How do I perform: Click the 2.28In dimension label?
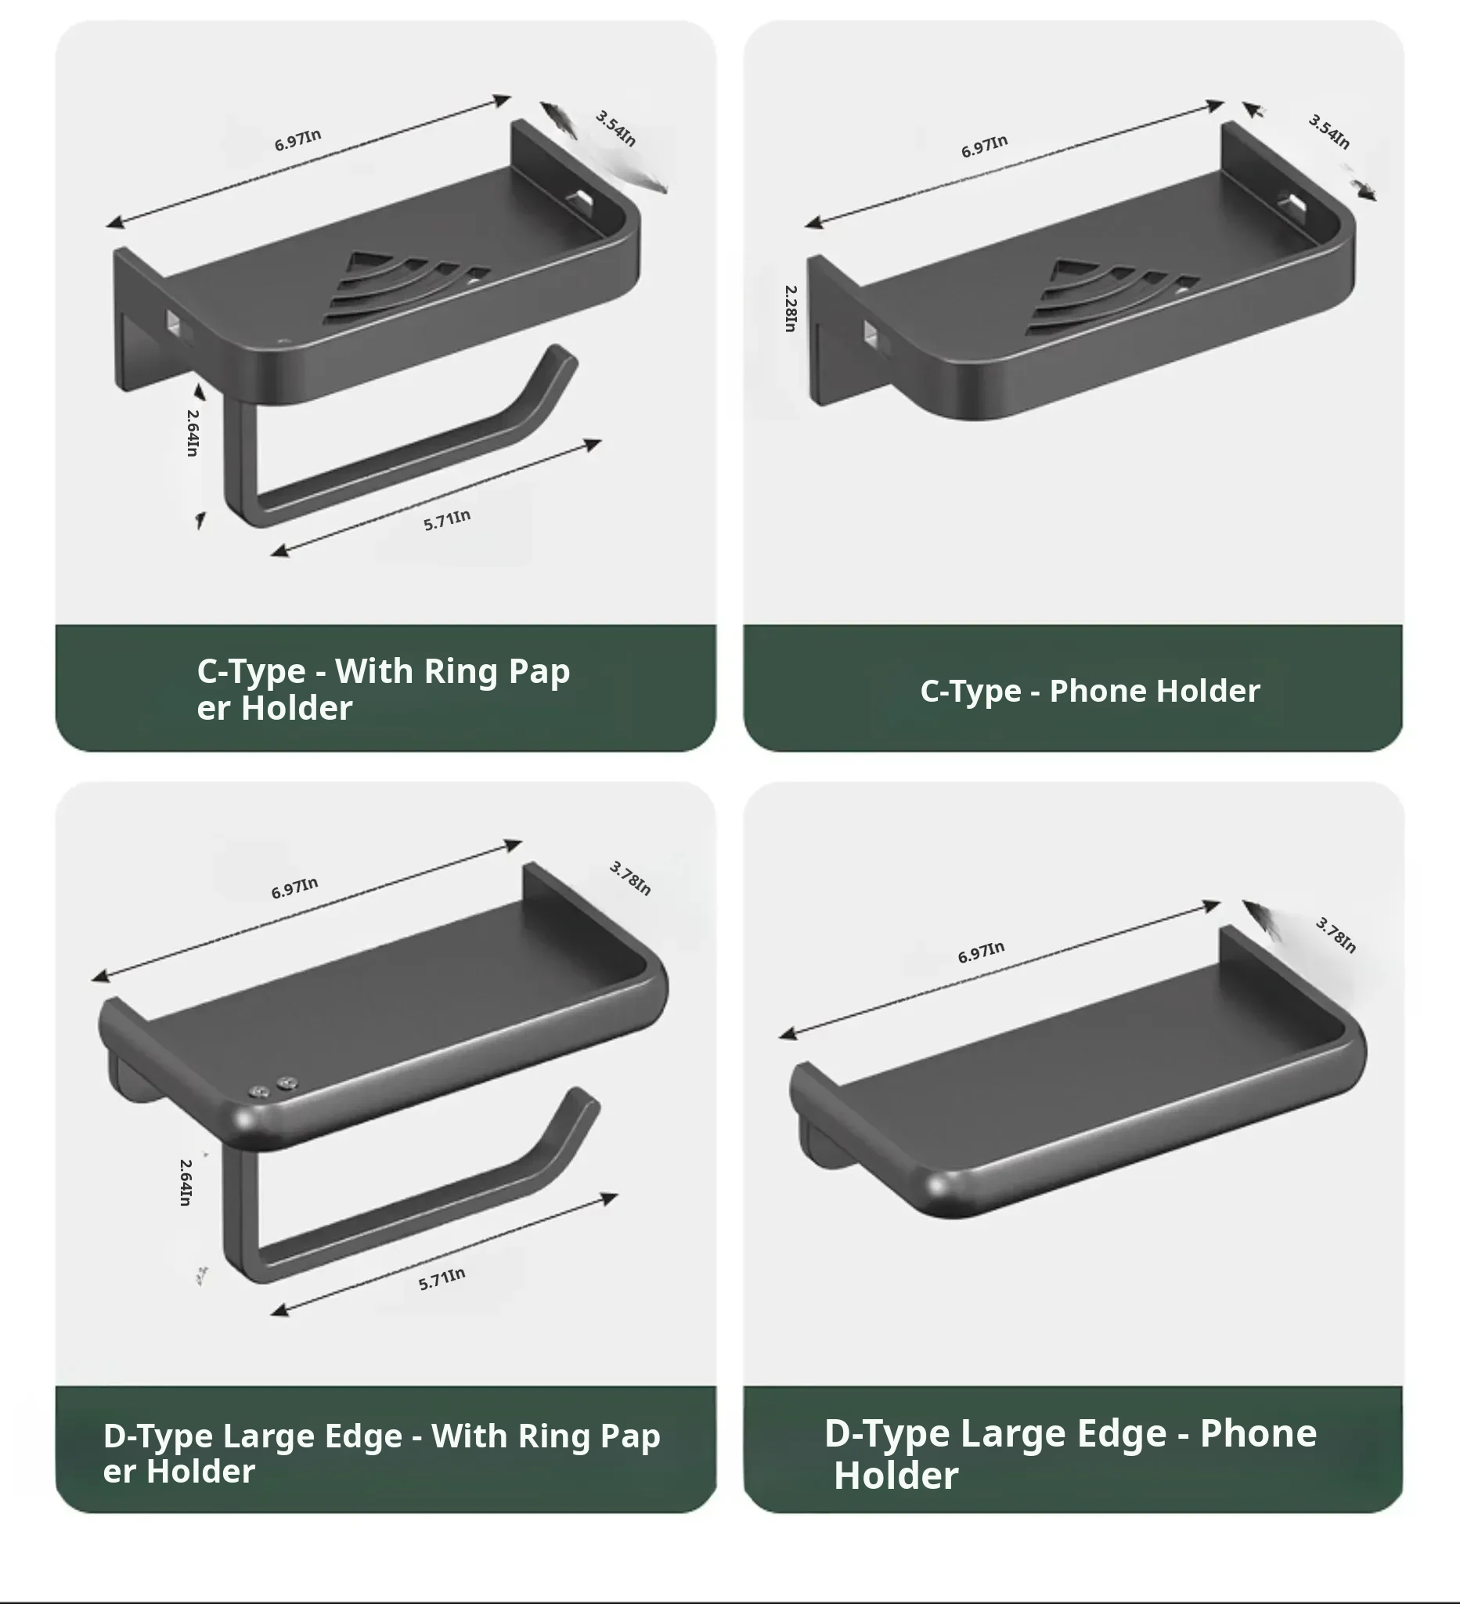pyautogui.click(x=790, y=309)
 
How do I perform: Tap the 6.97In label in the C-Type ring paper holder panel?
pyautogui.click(x=297, y=139)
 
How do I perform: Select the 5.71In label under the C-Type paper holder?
pyautogui.click(x=447, y=520)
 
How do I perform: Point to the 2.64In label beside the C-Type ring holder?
pyautogui.click(x=193, y=432)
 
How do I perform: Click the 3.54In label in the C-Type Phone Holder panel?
pyautogui.click(x=1328, y=132)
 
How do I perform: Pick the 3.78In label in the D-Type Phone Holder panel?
pyautogui.click(x=1336, y=934)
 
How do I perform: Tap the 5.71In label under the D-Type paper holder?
pyautogui.click(x=442, y=1279)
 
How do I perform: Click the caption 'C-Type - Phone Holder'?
pyautogui.click(x=1090, y=691)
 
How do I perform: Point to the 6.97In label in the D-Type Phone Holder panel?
pyautogui.click(x=980, y=952)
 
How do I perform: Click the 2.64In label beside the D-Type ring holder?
pyautogui.click(x=186, y=1183)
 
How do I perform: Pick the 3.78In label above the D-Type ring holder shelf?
pyautogui.click(x=630, y=879)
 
